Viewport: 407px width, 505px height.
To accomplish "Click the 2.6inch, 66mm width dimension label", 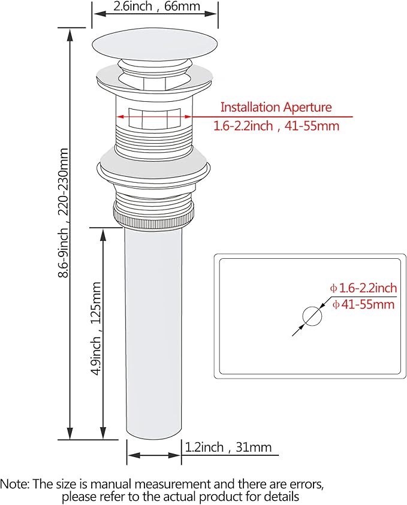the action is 156,6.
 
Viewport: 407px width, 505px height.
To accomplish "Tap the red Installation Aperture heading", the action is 276,107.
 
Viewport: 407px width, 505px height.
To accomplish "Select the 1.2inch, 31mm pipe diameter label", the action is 228,447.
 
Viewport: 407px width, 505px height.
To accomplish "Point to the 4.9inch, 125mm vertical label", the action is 97,328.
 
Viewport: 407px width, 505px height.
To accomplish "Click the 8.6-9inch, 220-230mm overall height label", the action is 63,213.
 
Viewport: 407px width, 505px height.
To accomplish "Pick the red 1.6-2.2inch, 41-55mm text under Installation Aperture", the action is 276,126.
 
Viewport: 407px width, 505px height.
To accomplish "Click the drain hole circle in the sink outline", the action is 312,316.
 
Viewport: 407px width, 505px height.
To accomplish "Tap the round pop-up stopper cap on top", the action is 155,44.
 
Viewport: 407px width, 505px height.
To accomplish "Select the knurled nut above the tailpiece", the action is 154,215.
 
